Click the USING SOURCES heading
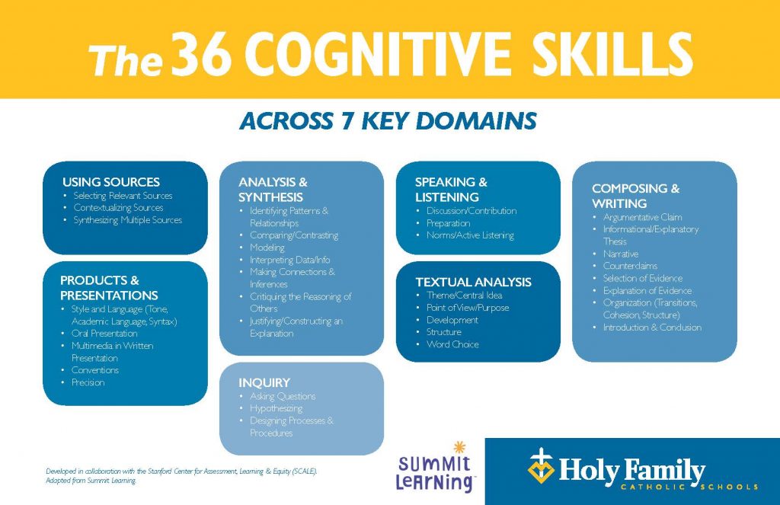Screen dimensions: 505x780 pos(111,182)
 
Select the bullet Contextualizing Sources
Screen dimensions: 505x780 pos(118,208)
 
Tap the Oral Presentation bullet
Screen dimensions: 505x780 pos(104,334)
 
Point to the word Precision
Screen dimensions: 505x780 pos(88,382)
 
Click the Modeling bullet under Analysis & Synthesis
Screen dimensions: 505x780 pos(267,248)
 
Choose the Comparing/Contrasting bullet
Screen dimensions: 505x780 pos(294,235)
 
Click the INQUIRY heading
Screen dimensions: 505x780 pos(264,382)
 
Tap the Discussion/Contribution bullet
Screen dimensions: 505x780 pos(472,211)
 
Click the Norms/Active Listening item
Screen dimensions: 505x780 pos(470,235)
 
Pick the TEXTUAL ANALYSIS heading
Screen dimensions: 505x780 pos(473,282)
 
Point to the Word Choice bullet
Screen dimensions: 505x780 pos(452,344)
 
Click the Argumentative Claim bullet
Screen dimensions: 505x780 pos(642,217)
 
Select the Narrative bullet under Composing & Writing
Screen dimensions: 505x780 pos(621,254)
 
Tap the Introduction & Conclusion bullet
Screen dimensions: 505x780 pos(652,328)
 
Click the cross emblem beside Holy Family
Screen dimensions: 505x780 pos(541,465)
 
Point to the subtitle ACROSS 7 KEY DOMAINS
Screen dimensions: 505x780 pos(388,121)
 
